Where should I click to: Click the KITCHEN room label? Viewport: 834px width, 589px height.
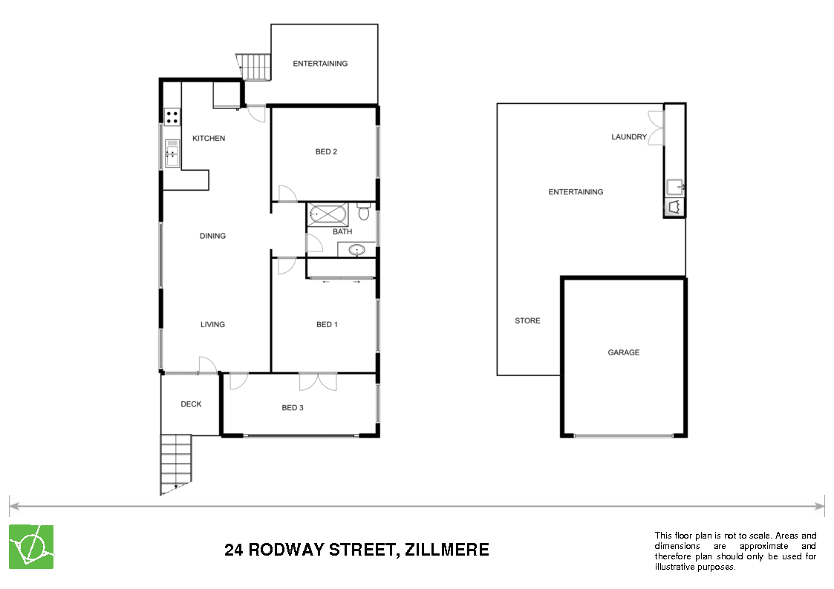coord(209,139)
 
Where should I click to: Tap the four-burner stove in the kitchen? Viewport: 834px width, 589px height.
coord(172,116)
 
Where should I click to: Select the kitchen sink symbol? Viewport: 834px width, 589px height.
coord(172,154)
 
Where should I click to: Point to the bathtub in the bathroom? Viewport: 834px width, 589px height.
coord(327,215)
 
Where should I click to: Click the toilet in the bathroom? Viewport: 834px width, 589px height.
coord(363,213)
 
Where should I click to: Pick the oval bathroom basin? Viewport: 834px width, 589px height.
coord(358,250)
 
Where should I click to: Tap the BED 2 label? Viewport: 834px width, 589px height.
coord(326,152)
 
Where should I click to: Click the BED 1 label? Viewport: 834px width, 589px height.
coord(327,324)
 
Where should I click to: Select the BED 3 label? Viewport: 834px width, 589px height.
coord(292,407)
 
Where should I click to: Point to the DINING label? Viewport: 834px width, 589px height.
coord(212,236)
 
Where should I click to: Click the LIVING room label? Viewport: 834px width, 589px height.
coord(212,324)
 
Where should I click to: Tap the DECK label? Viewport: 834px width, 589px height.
coord(191,404)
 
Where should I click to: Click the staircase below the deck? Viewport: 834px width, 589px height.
coord(176,464)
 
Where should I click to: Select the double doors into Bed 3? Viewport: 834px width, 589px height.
coord(318,382)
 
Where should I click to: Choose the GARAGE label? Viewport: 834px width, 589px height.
coord(623,352)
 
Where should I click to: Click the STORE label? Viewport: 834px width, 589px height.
coord(527,320)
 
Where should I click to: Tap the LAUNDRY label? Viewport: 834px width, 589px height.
coord(629,136)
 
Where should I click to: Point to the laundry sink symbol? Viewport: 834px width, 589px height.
coord(674,185)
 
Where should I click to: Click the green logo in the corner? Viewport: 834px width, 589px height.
coord(30,547)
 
